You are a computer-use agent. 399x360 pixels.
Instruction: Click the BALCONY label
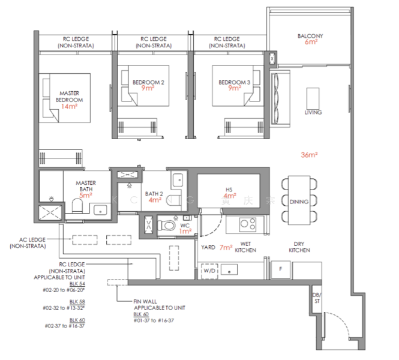pos(310,36)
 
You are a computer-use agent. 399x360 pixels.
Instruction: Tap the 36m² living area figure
pos(309,155)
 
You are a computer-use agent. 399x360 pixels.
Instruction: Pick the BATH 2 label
pos(154,193)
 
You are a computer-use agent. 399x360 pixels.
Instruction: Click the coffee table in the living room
pos(313,97)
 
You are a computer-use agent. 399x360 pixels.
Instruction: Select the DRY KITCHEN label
pos(299,247)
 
